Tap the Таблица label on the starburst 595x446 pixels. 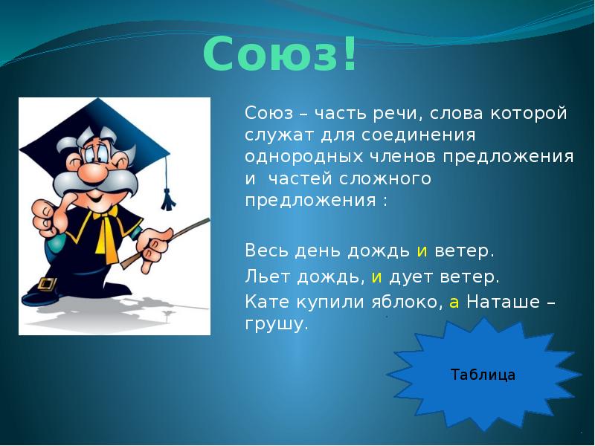click(x=483, y=375)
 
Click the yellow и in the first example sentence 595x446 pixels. click(x=421, y=251)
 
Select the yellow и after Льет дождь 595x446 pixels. click(x=376, y=277)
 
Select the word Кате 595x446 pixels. click(x=266, y=303)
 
